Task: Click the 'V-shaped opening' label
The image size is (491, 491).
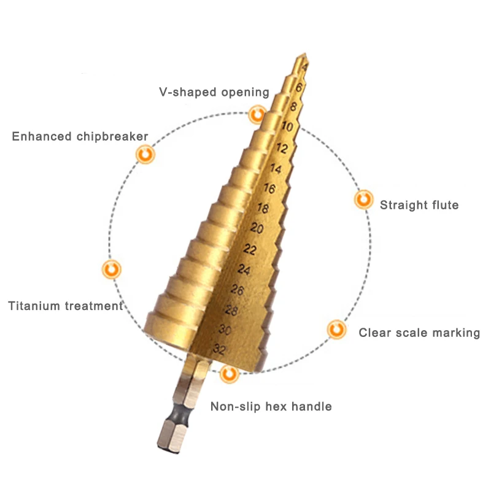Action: coord(214,93)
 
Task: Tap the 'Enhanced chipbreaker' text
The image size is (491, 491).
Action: coord(80,136)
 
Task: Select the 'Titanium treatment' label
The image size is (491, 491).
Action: coord(66,306)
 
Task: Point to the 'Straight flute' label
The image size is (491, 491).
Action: coord(419,205)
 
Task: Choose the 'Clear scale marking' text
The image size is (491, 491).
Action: coord(419,333)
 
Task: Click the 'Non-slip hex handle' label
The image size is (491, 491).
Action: coord(271,406)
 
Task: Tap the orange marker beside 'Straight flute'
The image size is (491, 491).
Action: coord(364,199)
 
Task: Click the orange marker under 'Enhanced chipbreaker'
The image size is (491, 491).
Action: coord(145,154)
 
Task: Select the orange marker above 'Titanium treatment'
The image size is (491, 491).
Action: coord(112,269)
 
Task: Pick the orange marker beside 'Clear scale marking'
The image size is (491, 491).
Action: coord(336,330)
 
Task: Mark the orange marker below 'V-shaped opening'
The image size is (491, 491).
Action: coord(257,115)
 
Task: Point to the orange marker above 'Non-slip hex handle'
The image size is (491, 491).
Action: coord(230,374)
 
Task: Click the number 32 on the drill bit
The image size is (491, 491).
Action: coord(219,349)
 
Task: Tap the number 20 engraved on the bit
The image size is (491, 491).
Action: coord(257,228)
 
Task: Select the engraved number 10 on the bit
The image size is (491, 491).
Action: coord(287,126)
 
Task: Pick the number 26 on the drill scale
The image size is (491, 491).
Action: coord(238,290)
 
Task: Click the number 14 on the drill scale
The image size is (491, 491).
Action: coord(276,168)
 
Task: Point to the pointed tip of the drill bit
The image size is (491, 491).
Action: coord(304,54)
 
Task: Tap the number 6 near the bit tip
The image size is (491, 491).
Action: coord(300,87)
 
